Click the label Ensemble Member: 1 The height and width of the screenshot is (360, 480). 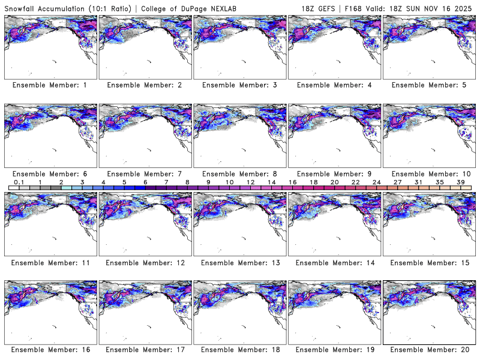(50, 85)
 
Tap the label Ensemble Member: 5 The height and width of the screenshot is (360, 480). (428, 85)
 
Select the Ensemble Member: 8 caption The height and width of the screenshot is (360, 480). (239, 173)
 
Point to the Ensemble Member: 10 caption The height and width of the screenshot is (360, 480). (428, 173)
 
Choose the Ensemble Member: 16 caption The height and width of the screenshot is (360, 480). (50, 349)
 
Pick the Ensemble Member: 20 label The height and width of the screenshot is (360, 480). (428, 349)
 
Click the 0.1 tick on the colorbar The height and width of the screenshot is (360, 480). (19, 182)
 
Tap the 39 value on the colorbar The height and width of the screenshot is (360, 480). (460, 182)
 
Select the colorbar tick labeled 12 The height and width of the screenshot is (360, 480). (250, 182)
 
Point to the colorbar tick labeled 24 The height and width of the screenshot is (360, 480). (376, 182)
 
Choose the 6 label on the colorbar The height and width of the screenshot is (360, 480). (145, 182)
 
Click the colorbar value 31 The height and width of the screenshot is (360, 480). (418, 182)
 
